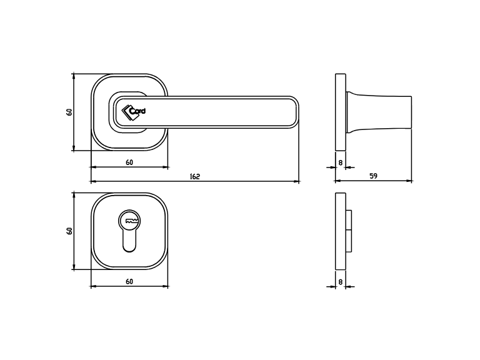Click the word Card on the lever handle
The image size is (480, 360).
pos(137,111)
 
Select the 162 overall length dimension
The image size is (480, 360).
pos(194,177)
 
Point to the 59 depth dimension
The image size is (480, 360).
pos(373,176)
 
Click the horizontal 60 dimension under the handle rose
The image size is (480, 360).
pos(129,162)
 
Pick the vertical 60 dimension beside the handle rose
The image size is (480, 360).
pos(69,112)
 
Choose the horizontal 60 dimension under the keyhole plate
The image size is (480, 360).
pos(129,282)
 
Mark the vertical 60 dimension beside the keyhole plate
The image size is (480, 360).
pos(69,231)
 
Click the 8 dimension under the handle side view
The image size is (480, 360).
pos(340,162)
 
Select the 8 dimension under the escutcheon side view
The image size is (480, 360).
pos(340,282)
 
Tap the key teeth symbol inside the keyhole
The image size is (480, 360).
pos(130,221)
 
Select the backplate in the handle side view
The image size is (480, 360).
pos(340,112)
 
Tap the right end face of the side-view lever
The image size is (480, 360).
pos(411,112)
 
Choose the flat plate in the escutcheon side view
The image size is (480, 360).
pos(340,231)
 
